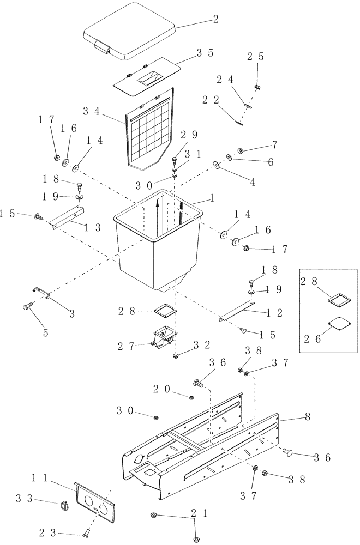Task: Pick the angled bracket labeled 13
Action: (65, 219)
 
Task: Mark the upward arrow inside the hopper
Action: (158, 213)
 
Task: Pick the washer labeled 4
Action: (217, 165)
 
